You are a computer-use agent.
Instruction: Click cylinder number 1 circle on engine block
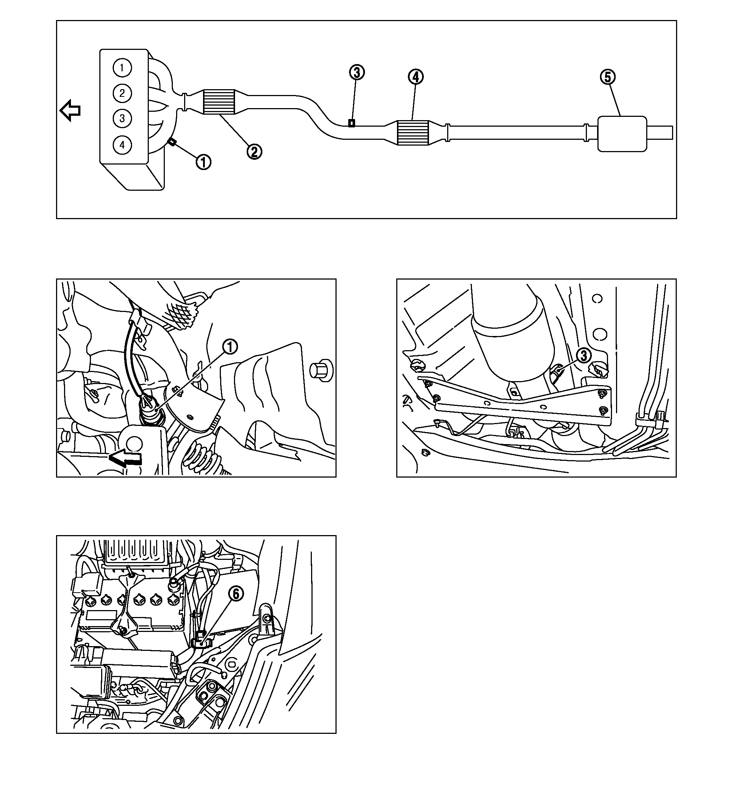[122, 68]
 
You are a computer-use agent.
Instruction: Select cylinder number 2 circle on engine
[122, 93]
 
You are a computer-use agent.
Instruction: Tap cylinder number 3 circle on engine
[122, 118]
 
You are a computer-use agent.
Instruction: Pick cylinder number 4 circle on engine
[122, 145]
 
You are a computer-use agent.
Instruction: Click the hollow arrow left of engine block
[70, 110]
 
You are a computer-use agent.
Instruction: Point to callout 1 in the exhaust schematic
[203, 162]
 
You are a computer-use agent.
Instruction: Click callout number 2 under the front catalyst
[254, 151]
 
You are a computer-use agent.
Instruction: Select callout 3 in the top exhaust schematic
[357, 72]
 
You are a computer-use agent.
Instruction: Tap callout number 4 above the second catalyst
[416, 77]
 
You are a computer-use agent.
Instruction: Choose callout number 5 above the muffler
[608, 77]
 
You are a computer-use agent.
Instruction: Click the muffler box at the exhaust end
[622, 133]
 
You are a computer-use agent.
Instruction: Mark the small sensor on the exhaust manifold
[172, 141]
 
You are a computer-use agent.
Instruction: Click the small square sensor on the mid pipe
[351, 123]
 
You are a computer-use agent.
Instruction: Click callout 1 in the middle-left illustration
[230, 347]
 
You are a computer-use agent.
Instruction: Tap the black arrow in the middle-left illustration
[126, 458]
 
